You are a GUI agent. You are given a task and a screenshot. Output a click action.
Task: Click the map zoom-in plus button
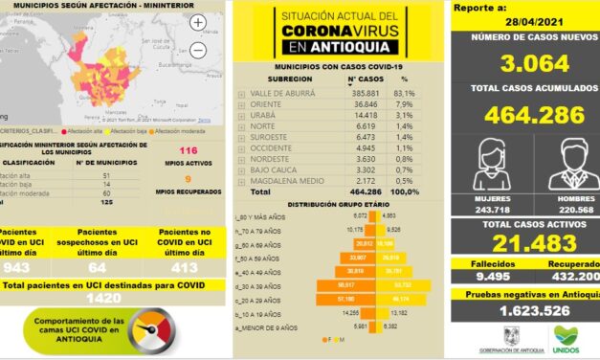tap(198, 22)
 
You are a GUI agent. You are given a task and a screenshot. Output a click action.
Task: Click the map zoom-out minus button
tap(198, 49)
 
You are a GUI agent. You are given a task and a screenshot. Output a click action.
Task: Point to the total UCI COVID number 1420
tap(115, 298)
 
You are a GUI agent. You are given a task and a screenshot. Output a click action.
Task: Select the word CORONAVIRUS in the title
tap(336, 31)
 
